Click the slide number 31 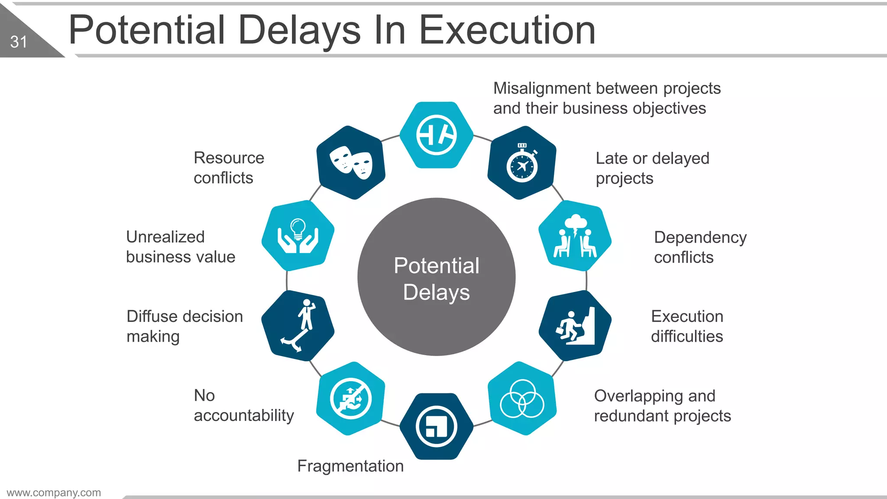(19, 42)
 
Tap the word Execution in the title (507, 30)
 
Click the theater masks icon (351, 162)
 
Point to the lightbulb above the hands (298, 228)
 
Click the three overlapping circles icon (522, 399)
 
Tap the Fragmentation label (350, 466)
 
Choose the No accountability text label (243, 405)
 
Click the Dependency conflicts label (700, 247)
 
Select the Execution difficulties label (687, 326)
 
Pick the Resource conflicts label (229, 168)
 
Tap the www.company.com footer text (54, 493)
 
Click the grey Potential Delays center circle (436, 277)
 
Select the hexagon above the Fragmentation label (436, 427)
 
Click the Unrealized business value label (181, 247)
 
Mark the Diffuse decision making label (185, 326)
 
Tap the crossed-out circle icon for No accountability (350, 399)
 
